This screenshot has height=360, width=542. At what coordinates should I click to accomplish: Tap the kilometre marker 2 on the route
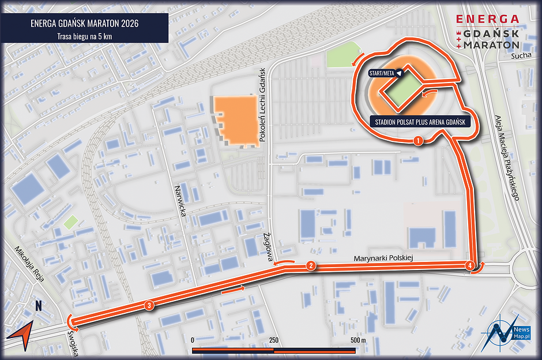pos(311,266)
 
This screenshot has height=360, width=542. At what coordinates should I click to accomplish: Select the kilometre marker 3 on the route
pos(149,306)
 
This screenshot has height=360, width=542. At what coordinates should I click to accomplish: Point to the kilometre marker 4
pos(471,265)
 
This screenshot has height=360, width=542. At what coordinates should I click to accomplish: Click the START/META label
pos(385,73)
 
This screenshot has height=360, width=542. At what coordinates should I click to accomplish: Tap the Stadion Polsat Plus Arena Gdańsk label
pos(419,122)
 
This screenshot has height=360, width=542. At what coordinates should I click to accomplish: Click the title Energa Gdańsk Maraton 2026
pos(84,24)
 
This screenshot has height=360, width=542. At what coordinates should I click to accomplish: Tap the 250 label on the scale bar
pos(273,340)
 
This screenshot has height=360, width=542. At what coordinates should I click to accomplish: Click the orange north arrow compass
pos(20,335)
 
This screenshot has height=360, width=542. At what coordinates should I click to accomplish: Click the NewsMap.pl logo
pos(507,333)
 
